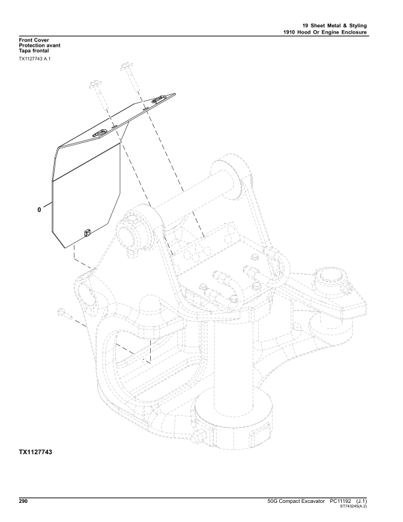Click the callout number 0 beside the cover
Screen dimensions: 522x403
click(40, 210)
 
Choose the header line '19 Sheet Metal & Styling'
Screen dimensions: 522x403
click(329, 25)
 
